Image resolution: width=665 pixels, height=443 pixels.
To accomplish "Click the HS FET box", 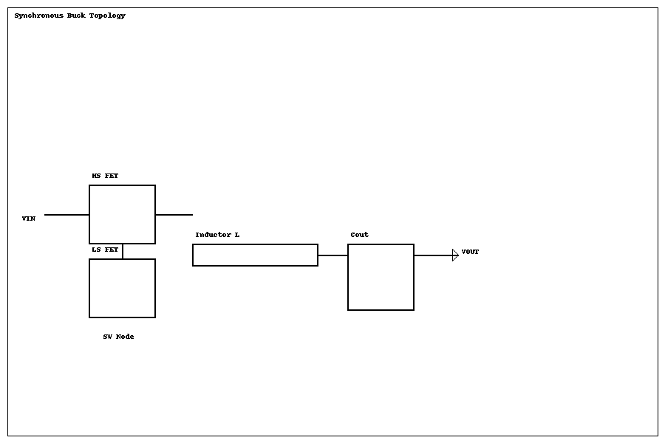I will (x=122, y=214).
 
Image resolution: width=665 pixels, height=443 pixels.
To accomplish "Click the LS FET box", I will (x=122, y=288).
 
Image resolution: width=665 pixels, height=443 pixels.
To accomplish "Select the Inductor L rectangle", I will (x=255, y=255).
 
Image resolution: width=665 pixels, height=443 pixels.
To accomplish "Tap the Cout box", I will (x=381, y=277).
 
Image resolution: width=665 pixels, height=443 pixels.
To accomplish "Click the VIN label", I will (x=28, y=219).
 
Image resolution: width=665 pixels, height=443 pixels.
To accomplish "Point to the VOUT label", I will (x=470, y=252).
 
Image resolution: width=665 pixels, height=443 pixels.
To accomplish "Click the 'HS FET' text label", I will (x=105, y=176).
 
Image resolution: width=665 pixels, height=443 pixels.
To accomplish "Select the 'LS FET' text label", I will (x=105, y=250).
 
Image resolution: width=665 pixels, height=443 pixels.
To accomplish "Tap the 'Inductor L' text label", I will (x=217, y=235).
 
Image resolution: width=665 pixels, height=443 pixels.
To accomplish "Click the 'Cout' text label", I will (x=359, y=235).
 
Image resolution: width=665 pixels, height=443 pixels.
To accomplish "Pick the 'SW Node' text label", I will (x=118, y=337).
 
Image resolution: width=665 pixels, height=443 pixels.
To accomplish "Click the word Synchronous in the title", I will (x=38, y=16).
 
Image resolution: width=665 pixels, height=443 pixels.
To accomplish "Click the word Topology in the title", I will (x=108, y=16).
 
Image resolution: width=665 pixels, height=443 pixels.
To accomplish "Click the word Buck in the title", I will (x=77, y=16).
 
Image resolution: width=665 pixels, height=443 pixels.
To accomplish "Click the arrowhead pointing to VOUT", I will (x=455, y=255).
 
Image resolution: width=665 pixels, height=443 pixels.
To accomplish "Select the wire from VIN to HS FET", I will (x=66, y=215).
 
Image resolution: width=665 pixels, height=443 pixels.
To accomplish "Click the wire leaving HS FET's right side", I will (x=174, y=215).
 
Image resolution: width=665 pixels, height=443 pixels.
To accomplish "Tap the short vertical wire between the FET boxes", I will (x=123, y=251).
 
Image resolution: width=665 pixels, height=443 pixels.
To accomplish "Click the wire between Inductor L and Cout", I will (x=332, y=255).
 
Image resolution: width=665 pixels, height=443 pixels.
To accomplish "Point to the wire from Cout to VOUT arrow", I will (x=433, y=255).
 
